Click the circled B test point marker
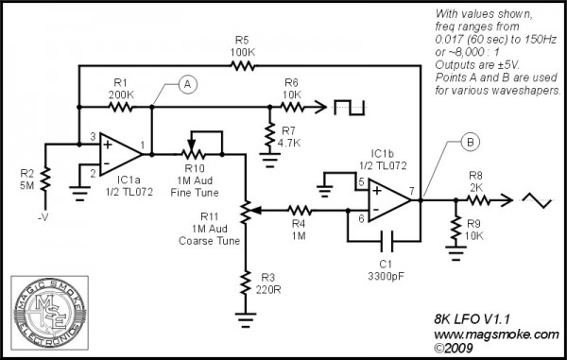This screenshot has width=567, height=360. point(470,144)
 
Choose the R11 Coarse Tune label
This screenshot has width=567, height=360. point(212,231)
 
